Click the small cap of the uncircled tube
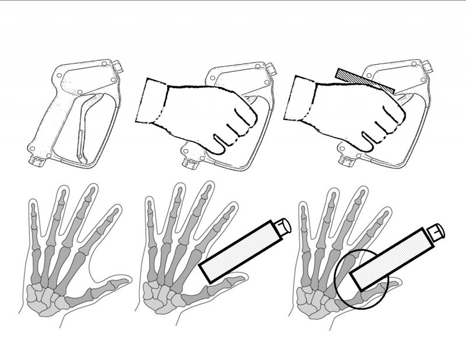[283, 224]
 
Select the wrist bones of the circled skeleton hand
[314, 300]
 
